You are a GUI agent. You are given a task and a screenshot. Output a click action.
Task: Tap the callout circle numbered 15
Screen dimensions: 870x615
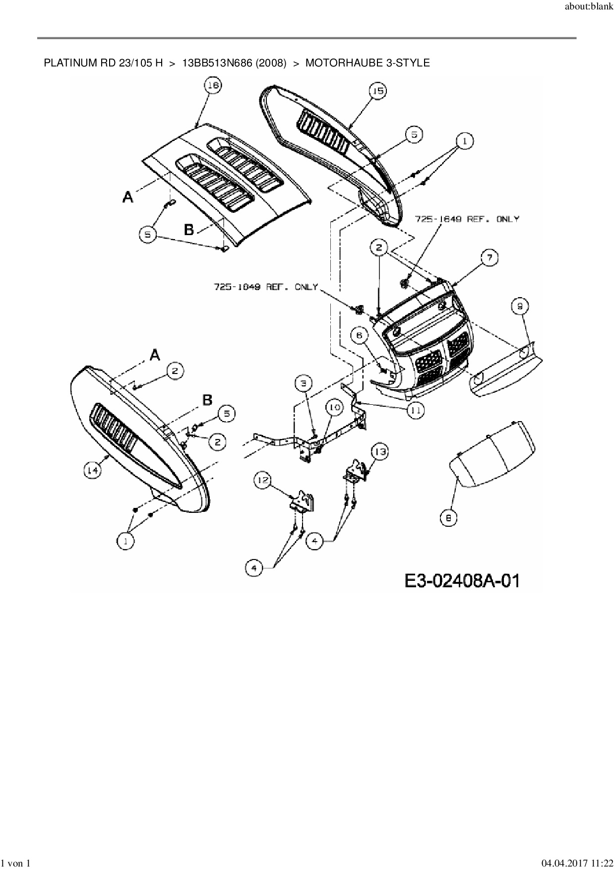(377, 91)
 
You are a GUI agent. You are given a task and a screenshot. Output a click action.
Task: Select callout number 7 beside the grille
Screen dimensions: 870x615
(489, 257)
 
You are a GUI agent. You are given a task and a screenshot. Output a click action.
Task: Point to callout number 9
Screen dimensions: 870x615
(520, 307)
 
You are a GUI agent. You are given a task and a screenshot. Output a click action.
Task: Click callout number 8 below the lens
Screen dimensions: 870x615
(448, 518)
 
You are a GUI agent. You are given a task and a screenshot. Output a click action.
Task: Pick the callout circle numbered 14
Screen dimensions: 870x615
(93, 470)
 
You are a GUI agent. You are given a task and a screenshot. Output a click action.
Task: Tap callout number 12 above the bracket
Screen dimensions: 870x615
(263, 480)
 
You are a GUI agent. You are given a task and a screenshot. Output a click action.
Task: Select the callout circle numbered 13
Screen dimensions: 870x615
(380, 452)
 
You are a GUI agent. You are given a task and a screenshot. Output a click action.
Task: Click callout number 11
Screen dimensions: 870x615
(416, 411)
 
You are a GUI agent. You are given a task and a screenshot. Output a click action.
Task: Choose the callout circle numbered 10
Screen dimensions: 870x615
(334, 408)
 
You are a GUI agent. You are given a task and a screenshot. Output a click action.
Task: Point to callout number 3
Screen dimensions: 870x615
(304, 382)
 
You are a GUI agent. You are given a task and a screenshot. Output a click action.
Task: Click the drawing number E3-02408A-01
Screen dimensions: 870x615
(462, 580)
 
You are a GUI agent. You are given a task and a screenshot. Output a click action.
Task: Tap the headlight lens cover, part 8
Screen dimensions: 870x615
(493, 454)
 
